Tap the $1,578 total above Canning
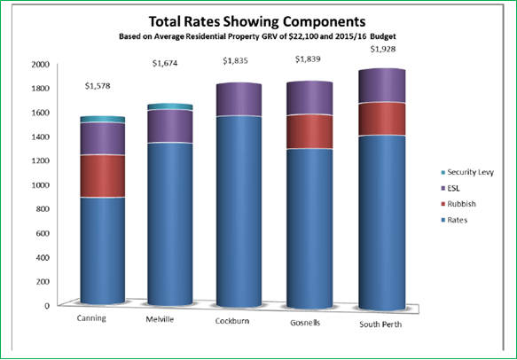[100, 87]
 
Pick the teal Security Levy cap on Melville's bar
[168, 106]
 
